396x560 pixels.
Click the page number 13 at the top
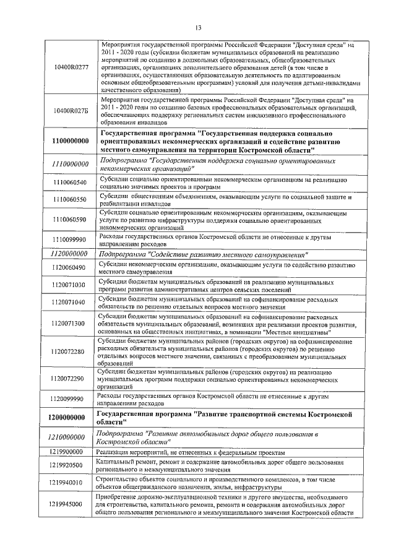click(198, 27)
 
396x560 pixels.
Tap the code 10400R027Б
click(69, 111)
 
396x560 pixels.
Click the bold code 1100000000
click(69, 142)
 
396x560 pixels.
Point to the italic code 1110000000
click(69, 164)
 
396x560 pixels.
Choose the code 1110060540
click(69, 183)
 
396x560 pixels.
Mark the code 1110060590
click(69, 219)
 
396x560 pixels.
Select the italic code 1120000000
click(69, 254)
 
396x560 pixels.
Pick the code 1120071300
click(69, 323)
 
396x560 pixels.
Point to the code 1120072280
click(69, 351)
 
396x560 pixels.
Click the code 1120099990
click(69, 399)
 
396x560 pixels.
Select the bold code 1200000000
click(69, 418)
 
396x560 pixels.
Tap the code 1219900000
click(69, 453)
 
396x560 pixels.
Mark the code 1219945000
click(69, 504)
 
